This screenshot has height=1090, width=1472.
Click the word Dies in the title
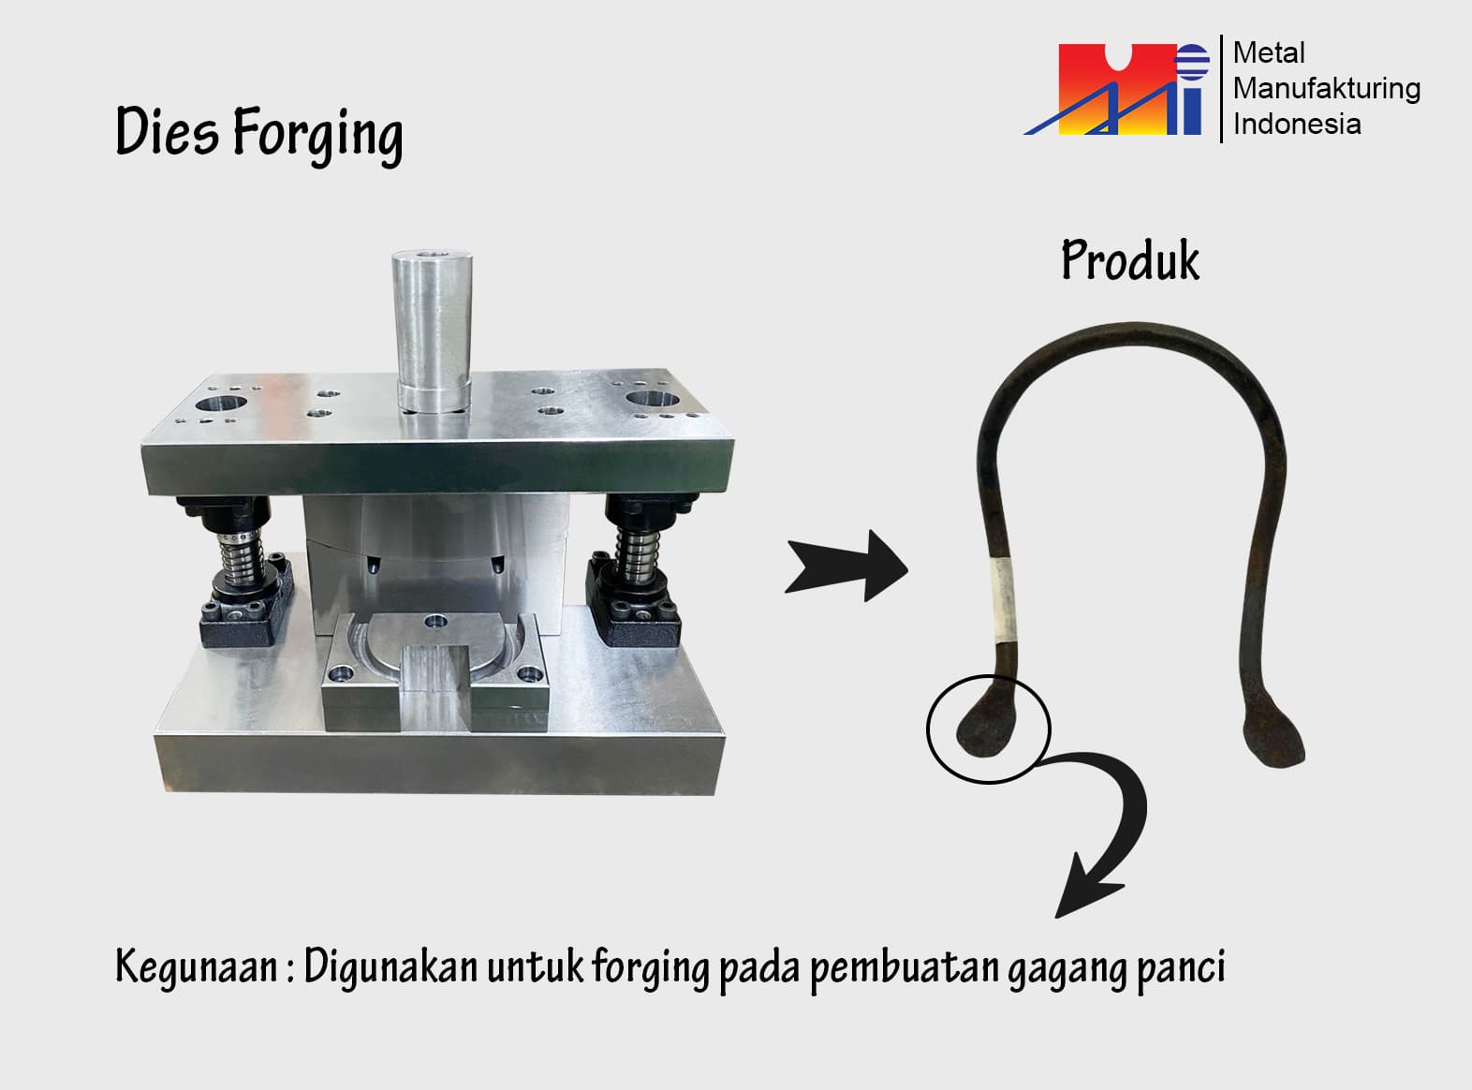(167, 131)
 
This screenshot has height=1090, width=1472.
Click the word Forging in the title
(317, 136)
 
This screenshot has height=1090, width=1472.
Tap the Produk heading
(1130, 260)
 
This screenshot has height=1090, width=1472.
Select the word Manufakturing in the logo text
(1326, 89)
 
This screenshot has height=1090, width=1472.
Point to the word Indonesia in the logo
(1297, 125)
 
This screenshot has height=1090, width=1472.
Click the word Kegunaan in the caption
(196, 966)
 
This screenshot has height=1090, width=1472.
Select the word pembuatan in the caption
(905, 969)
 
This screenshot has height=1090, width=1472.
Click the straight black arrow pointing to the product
(846, 566)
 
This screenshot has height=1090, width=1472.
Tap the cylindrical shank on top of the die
(432, 331)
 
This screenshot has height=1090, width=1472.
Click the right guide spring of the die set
(636, 554)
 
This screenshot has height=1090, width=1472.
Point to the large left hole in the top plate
(220, 404)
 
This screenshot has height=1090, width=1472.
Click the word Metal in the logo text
(1268, 53)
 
